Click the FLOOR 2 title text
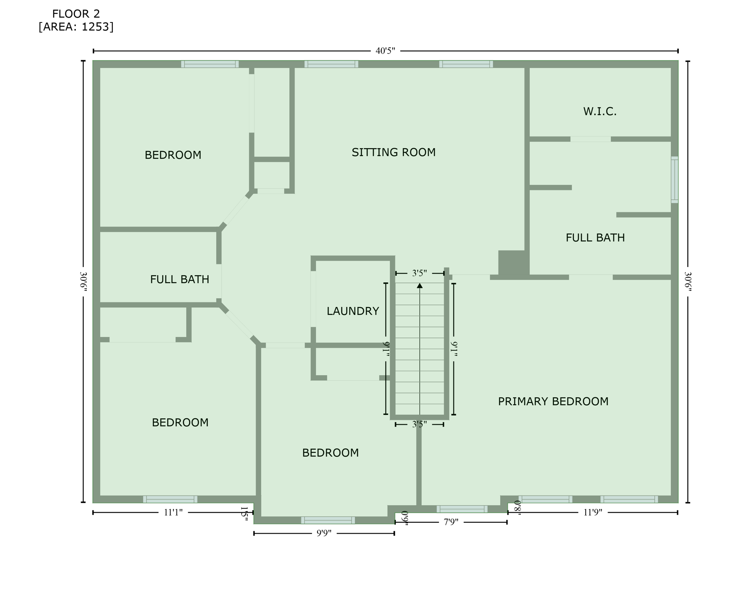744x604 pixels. click(x=76, y=14)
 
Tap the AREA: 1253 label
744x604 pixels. click(x=76, y=27)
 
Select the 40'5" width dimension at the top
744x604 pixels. click(x=385, y=51)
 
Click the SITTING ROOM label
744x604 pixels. click(x=393, y=152)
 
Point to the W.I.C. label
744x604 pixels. click(x=599, y=112)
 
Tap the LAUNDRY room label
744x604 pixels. click(x=353, y=311)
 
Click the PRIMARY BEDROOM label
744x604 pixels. click(x=553, y=401)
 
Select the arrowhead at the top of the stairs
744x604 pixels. click(x=420, y=285)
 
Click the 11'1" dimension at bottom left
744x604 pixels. click(x=173, y=512)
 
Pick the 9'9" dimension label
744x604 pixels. click(x=324, y=533)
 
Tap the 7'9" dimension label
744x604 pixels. click(x=451, y=522)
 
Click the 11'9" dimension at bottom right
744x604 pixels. click(x=593, y=512)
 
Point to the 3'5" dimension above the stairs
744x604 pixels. click(x=419, y=273)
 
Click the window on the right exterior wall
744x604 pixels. click(x=674, y=180)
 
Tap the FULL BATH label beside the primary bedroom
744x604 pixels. click(x=595, y=238)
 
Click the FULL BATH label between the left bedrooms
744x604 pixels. click(x=180, y=279)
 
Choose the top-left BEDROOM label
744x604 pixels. click(x=173, y=155)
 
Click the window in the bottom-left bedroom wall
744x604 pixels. click(x=170, y=499)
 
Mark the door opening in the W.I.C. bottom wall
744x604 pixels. click(x=590, y=139)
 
